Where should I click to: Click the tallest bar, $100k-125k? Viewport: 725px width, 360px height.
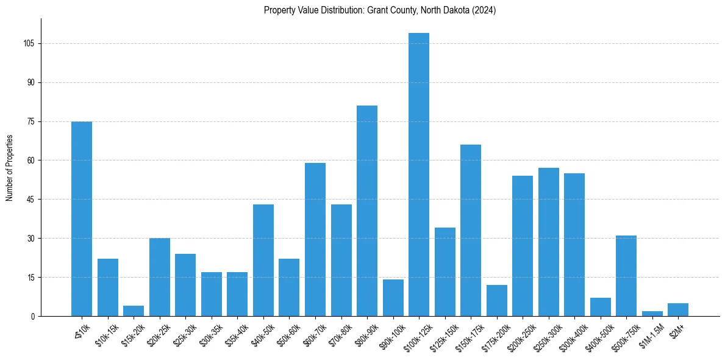coord(419,175)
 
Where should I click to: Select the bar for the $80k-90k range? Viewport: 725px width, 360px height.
coord(367,211)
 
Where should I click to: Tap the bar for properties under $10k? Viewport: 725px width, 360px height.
coord(82,218)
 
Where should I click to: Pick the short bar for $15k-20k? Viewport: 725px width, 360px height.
coord(134,311)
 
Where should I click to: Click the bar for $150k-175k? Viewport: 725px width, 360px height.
coord(471,230)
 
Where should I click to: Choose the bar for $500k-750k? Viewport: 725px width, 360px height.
coord(626,276)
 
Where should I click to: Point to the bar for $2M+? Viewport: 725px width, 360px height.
coord(678,310)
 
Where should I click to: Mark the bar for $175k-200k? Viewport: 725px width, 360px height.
coord(497,301)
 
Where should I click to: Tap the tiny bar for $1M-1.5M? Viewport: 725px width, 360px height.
coord(652,314)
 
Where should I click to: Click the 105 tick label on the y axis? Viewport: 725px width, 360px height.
coord(28,44)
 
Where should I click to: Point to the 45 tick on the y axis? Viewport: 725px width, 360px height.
coord(30,200)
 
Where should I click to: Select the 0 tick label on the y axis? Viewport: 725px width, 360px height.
coord(32,316)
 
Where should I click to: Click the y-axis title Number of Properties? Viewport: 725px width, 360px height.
coord(10,167)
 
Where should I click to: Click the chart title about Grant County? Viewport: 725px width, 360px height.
coord(380,10)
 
